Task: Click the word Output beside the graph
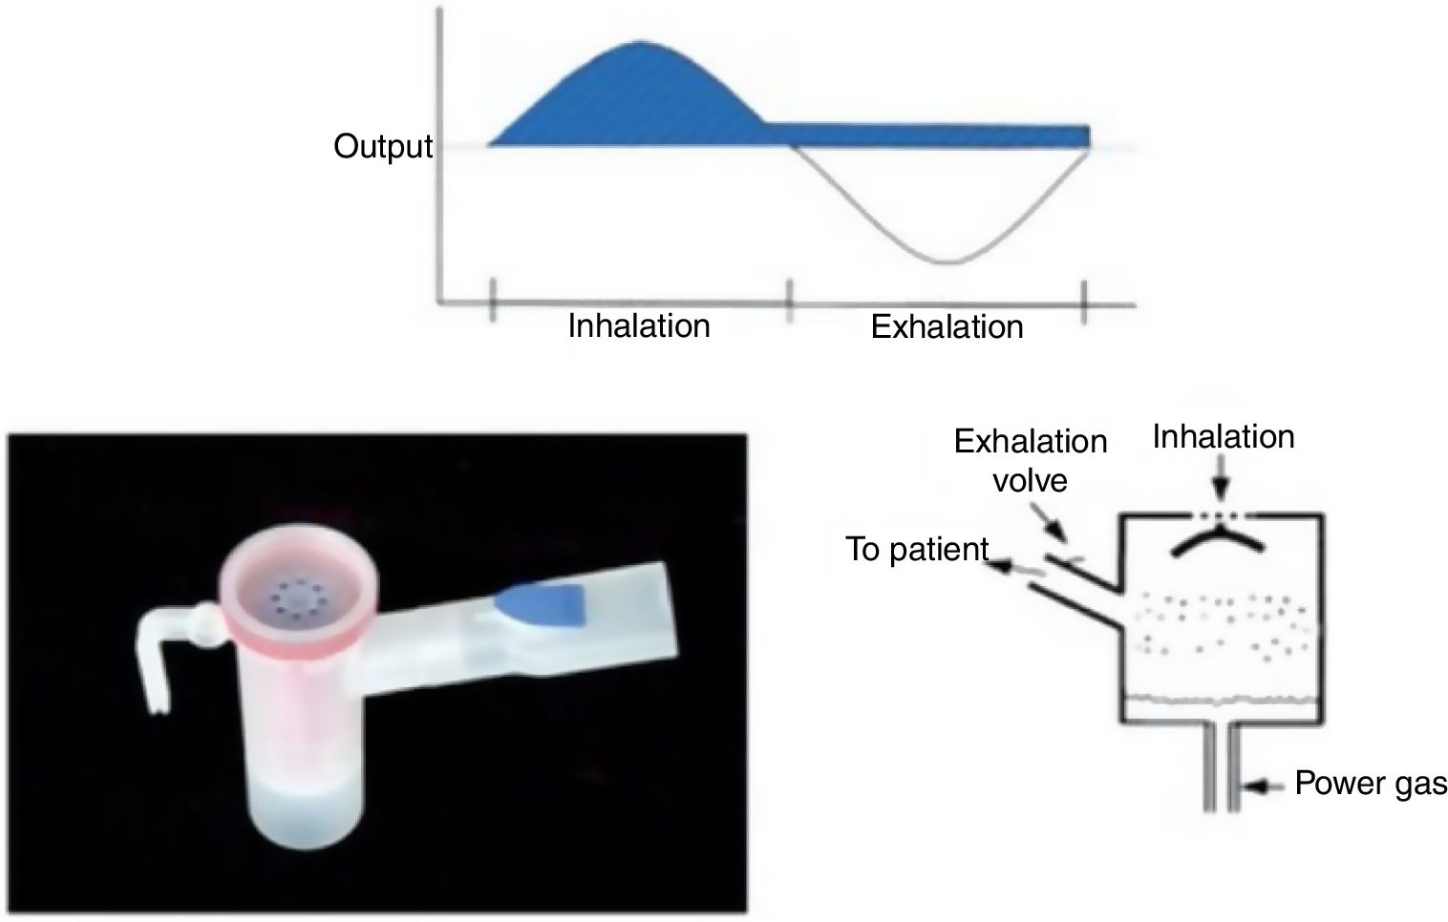coord(382,147)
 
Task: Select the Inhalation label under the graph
coord(639,326)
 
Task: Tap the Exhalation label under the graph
coord(947,327)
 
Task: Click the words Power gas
coord(1371,784)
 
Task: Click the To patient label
coord(916,550)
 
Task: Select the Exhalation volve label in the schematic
coord(1030,459)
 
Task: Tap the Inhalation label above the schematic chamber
coord(1223,437)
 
